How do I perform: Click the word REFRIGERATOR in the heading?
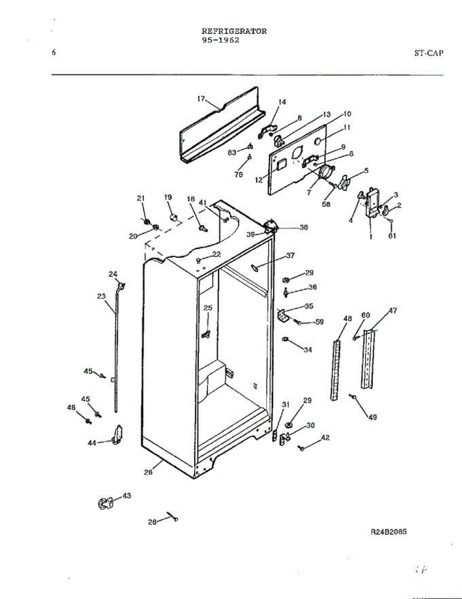tap(234, 31)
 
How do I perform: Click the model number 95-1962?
tap(220, 40)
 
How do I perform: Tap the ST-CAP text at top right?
tap(428, 52)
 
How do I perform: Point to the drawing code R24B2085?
tap(389, 532)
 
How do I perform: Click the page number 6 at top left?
tap(53, 52)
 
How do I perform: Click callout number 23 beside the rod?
tap(102, 296)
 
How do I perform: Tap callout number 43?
tap(127, 496)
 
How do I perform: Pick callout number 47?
tap(393, 310)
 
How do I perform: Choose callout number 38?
tap(304, 227)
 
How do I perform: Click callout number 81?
tap(392, 237)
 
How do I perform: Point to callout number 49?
tap(373, 417)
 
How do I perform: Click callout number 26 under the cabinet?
tap(149, 473)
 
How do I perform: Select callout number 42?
tap(325, 438)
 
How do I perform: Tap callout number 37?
tap(290, 256)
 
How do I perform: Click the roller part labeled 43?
tap(104, 503)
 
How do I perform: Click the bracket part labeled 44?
tap(118, 434)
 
